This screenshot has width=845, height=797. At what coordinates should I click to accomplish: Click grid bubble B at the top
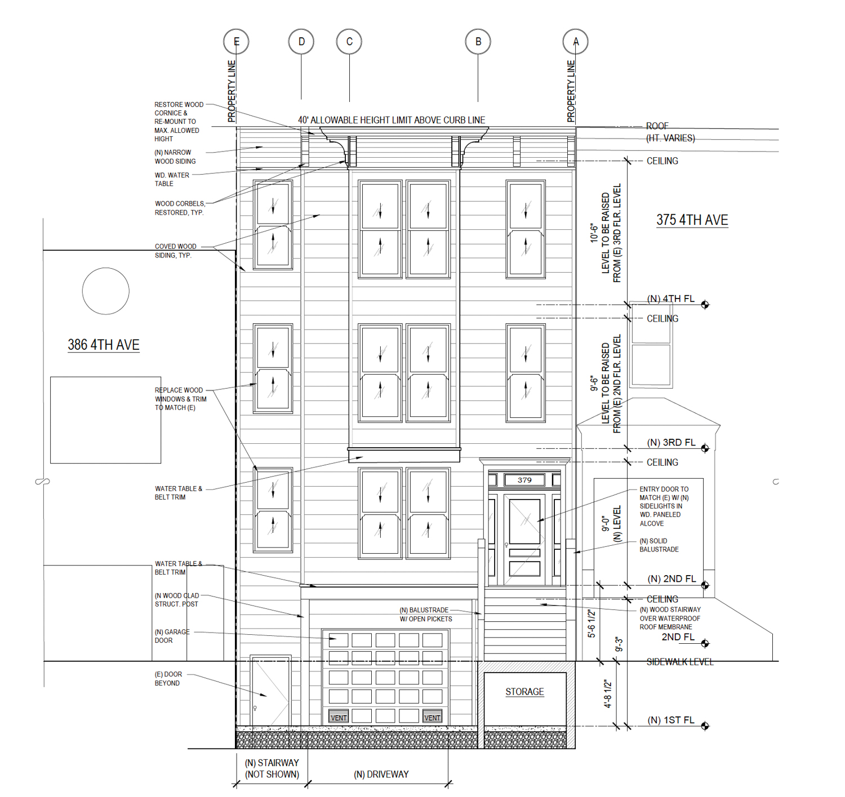[x=478, y=41]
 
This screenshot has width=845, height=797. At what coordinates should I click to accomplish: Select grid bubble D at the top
[x=301, y=41]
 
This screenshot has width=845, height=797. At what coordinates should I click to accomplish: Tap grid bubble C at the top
[x=349, y=41]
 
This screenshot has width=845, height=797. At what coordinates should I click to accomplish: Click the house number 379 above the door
[x=524, y=480]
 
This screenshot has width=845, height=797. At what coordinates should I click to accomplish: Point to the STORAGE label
[x=524, y=692]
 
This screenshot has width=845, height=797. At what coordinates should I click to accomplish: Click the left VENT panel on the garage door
[x=339, y=718]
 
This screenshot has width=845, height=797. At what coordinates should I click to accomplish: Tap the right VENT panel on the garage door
[x=432, y=718]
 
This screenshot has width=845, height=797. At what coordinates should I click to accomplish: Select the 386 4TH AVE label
[x=104, y=345]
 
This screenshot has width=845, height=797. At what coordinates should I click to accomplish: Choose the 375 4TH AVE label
[x=692, y=220]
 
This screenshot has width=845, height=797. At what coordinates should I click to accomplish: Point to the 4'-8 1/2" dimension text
[x=608, y=694]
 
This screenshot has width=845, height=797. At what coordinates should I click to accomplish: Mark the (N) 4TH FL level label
[x=670, y=299]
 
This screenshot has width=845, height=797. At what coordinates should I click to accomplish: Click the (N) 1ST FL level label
[x=671, y=720]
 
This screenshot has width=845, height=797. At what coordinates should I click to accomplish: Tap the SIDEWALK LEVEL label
[x=680, y=662]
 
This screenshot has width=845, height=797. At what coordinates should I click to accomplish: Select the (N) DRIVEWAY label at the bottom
[x=381, y=774]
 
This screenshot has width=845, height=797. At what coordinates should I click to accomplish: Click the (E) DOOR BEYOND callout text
[x=168, y=679]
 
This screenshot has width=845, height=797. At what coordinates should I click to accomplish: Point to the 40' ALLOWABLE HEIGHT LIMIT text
[x=392, y=120]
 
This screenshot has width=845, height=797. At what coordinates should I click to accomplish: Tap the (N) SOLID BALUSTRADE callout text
[x=659, y=545]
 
